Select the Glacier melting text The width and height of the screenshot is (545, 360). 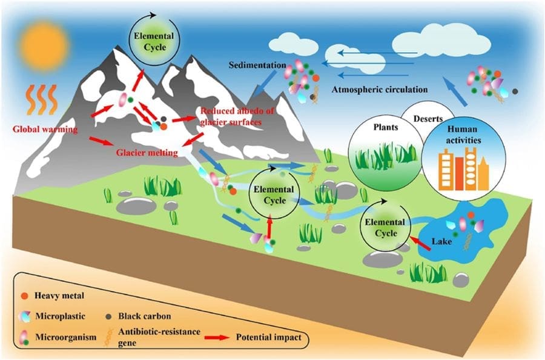(147, 153)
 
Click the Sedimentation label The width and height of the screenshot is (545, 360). (258, 65)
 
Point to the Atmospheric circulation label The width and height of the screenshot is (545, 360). (380, 90)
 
